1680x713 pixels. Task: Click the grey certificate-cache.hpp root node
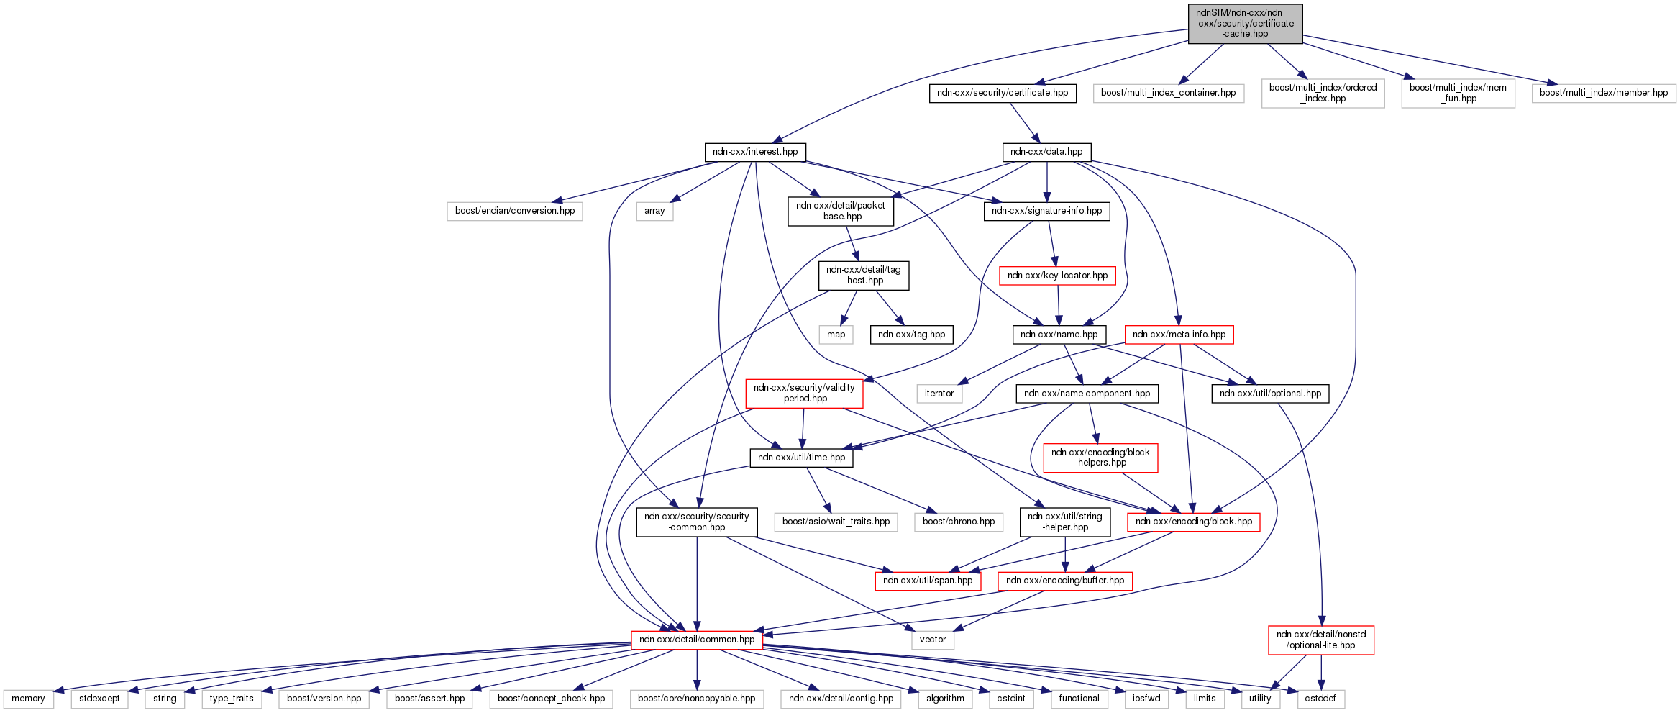click(x=1245, y=24)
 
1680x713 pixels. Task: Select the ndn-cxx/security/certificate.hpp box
click(x=1003, y=93)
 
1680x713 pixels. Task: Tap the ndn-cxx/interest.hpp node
click(x=755, y=152)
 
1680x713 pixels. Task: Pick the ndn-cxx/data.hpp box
click(x=1046, y=152)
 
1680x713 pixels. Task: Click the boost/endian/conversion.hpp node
click(x=515, y=211)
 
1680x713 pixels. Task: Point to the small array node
click(x=654, y=211)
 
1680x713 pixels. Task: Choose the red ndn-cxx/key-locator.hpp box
click(x=1057, y=276)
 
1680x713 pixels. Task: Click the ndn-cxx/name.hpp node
click(x=1059, y=335)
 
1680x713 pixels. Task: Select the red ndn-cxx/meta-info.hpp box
click(x=1179, y=335)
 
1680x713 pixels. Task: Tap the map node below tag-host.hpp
click(x=836, y=335)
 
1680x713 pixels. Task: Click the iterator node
click(x=939, y=394)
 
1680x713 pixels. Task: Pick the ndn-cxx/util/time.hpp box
click(x=801, y=458)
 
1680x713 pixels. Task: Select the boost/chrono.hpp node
click(x=959, y=522)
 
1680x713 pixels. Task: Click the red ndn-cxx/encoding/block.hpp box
click(x=1193, y=522)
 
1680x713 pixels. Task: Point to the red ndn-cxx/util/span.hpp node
click(x=928, y=581)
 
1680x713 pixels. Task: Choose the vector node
click(x=933, y=640)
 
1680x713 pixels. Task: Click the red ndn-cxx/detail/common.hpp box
click(x=697, y=640)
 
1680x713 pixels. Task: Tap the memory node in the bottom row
click(x=28, y=699)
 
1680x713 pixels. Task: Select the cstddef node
click(x=1320, y=699)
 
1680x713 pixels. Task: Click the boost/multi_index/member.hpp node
click(x=1604, y=93)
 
